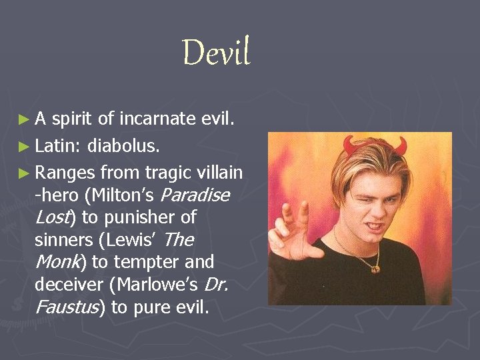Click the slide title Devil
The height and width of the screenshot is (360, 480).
(216, 53)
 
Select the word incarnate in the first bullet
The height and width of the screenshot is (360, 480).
(158, 119)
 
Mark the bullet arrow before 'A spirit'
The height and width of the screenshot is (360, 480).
(24, 119)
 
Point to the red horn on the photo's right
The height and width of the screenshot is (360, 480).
(401, 144)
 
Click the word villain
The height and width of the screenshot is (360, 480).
(220, 173)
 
